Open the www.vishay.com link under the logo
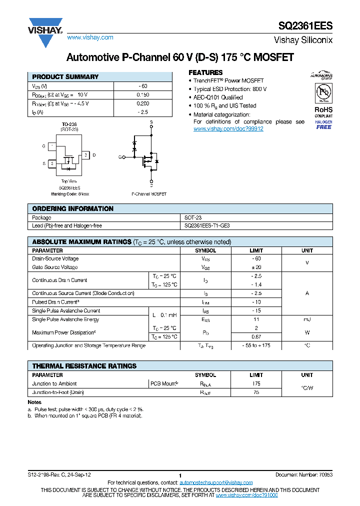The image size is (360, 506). pyautogui.click(x=90, y=37)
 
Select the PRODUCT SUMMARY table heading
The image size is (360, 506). pyautogui.click(x=65, y=77)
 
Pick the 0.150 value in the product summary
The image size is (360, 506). pyautogui.click(x=142, y=94)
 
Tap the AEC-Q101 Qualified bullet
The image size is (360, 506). pyautogui.click(x=218, y=97)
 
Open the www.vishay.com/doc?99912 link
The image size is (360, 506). pyautogui.click(x=228, y=129)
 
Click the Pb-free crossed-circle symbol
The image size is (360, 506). pyautogui.click(x=323, y=92)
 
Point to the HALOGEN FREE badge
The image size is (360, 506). pyautogui.click(x=323, y=124)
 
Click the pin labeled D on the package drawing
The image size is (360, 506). pyautogui.click(x=94, y=155)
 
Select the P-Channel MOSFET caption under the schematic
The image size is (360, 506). pyautogui.click(x=149, y=194)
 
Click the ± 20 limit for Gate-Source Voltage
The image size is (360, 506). pyautogui.click(x=256, y=267)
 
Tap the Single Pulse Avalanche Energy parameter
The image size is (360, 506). pyautogui.click(x=65, y=319)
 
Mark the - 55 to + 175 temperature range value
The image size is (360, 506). pyautogui.click(x=256, y=345)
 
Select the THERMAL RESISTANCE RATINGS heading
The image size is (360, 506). pyautogui.click(x=84, y=366)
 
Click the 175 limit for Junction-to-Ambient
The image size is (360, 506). pyautogui.click(x=256, y=383)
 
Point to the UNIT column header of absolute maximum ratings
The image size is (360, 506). pyautogui.click(x=307, y=250)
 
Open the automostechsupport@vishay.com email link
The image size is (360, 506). pyautogui.click(x=216, y=482)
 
